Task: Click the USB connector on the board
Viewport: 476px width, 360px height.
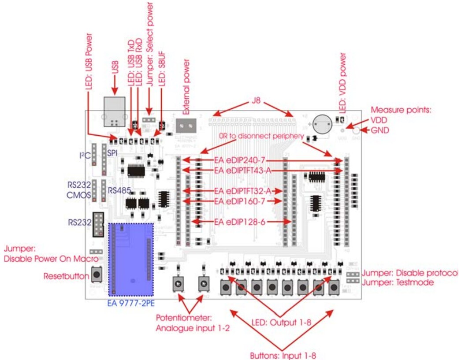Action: point(114,111)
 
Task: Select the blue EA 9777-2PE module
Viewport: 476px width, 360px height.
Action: point(131,259)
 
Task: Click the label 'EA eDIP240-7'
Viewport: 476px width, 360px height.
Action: point(240,160)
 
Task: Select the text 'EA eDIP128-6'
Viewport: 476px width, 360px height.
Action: point(240,222)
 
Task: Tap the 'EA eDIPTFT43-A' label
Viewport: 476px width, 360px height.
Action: point(242,170)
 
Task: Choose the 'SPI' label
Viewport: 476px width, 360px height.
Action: point(113,151)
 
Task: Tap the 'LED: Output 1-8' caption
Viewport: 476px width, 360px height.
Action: point(281,323)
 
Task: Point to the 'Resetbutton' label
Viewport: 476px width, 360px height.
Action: point(66,276)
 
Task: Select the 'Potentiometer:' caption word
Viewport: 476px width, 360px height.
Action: point(184,318)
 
